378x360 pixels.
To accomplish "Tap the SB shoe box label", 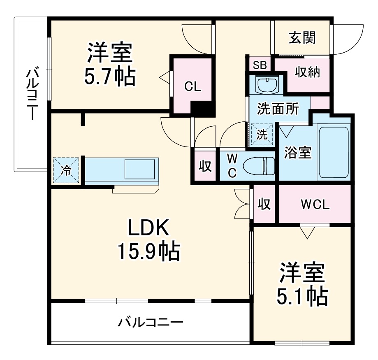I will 260,65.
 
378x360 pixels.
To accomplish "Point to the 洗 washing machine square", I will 262,134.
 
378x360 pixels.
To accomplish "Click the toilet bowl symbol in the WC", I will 258,166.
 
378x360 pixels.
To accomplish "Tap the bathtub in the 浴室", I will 333,152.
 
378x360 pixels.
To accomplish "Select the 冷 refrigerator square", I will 66,170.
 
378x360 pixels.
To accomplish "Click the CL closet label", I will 192,86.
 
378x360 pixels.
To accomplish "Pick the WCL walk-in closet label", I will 315,204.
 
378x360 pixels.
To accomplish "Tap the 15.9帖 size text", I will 148,251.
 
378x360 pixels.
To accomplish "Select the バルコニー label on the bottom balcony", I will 151,322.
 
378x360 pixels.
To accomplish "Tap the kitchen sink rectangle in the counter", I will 140,169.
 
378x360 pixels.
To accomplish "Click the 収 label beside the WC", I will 205,166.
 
